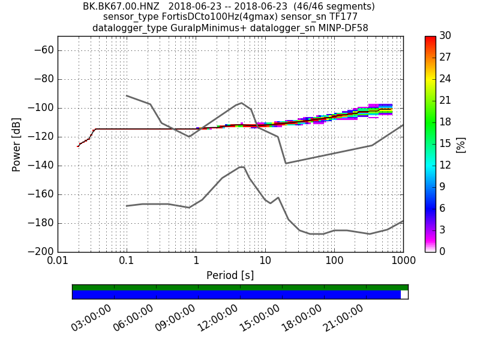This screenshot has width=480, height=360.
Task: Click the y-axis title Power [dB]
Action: (17, 144)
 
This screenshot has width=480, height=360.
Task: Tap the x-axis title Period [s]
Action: (230, 275)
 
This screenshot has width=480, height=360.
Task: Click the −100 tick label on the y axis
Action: (42, 108)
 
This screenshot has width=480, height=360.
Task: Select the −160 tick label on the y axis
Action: (42, 194)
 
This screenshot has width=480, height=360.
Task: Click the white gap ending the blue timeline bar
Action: (404, 295)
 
